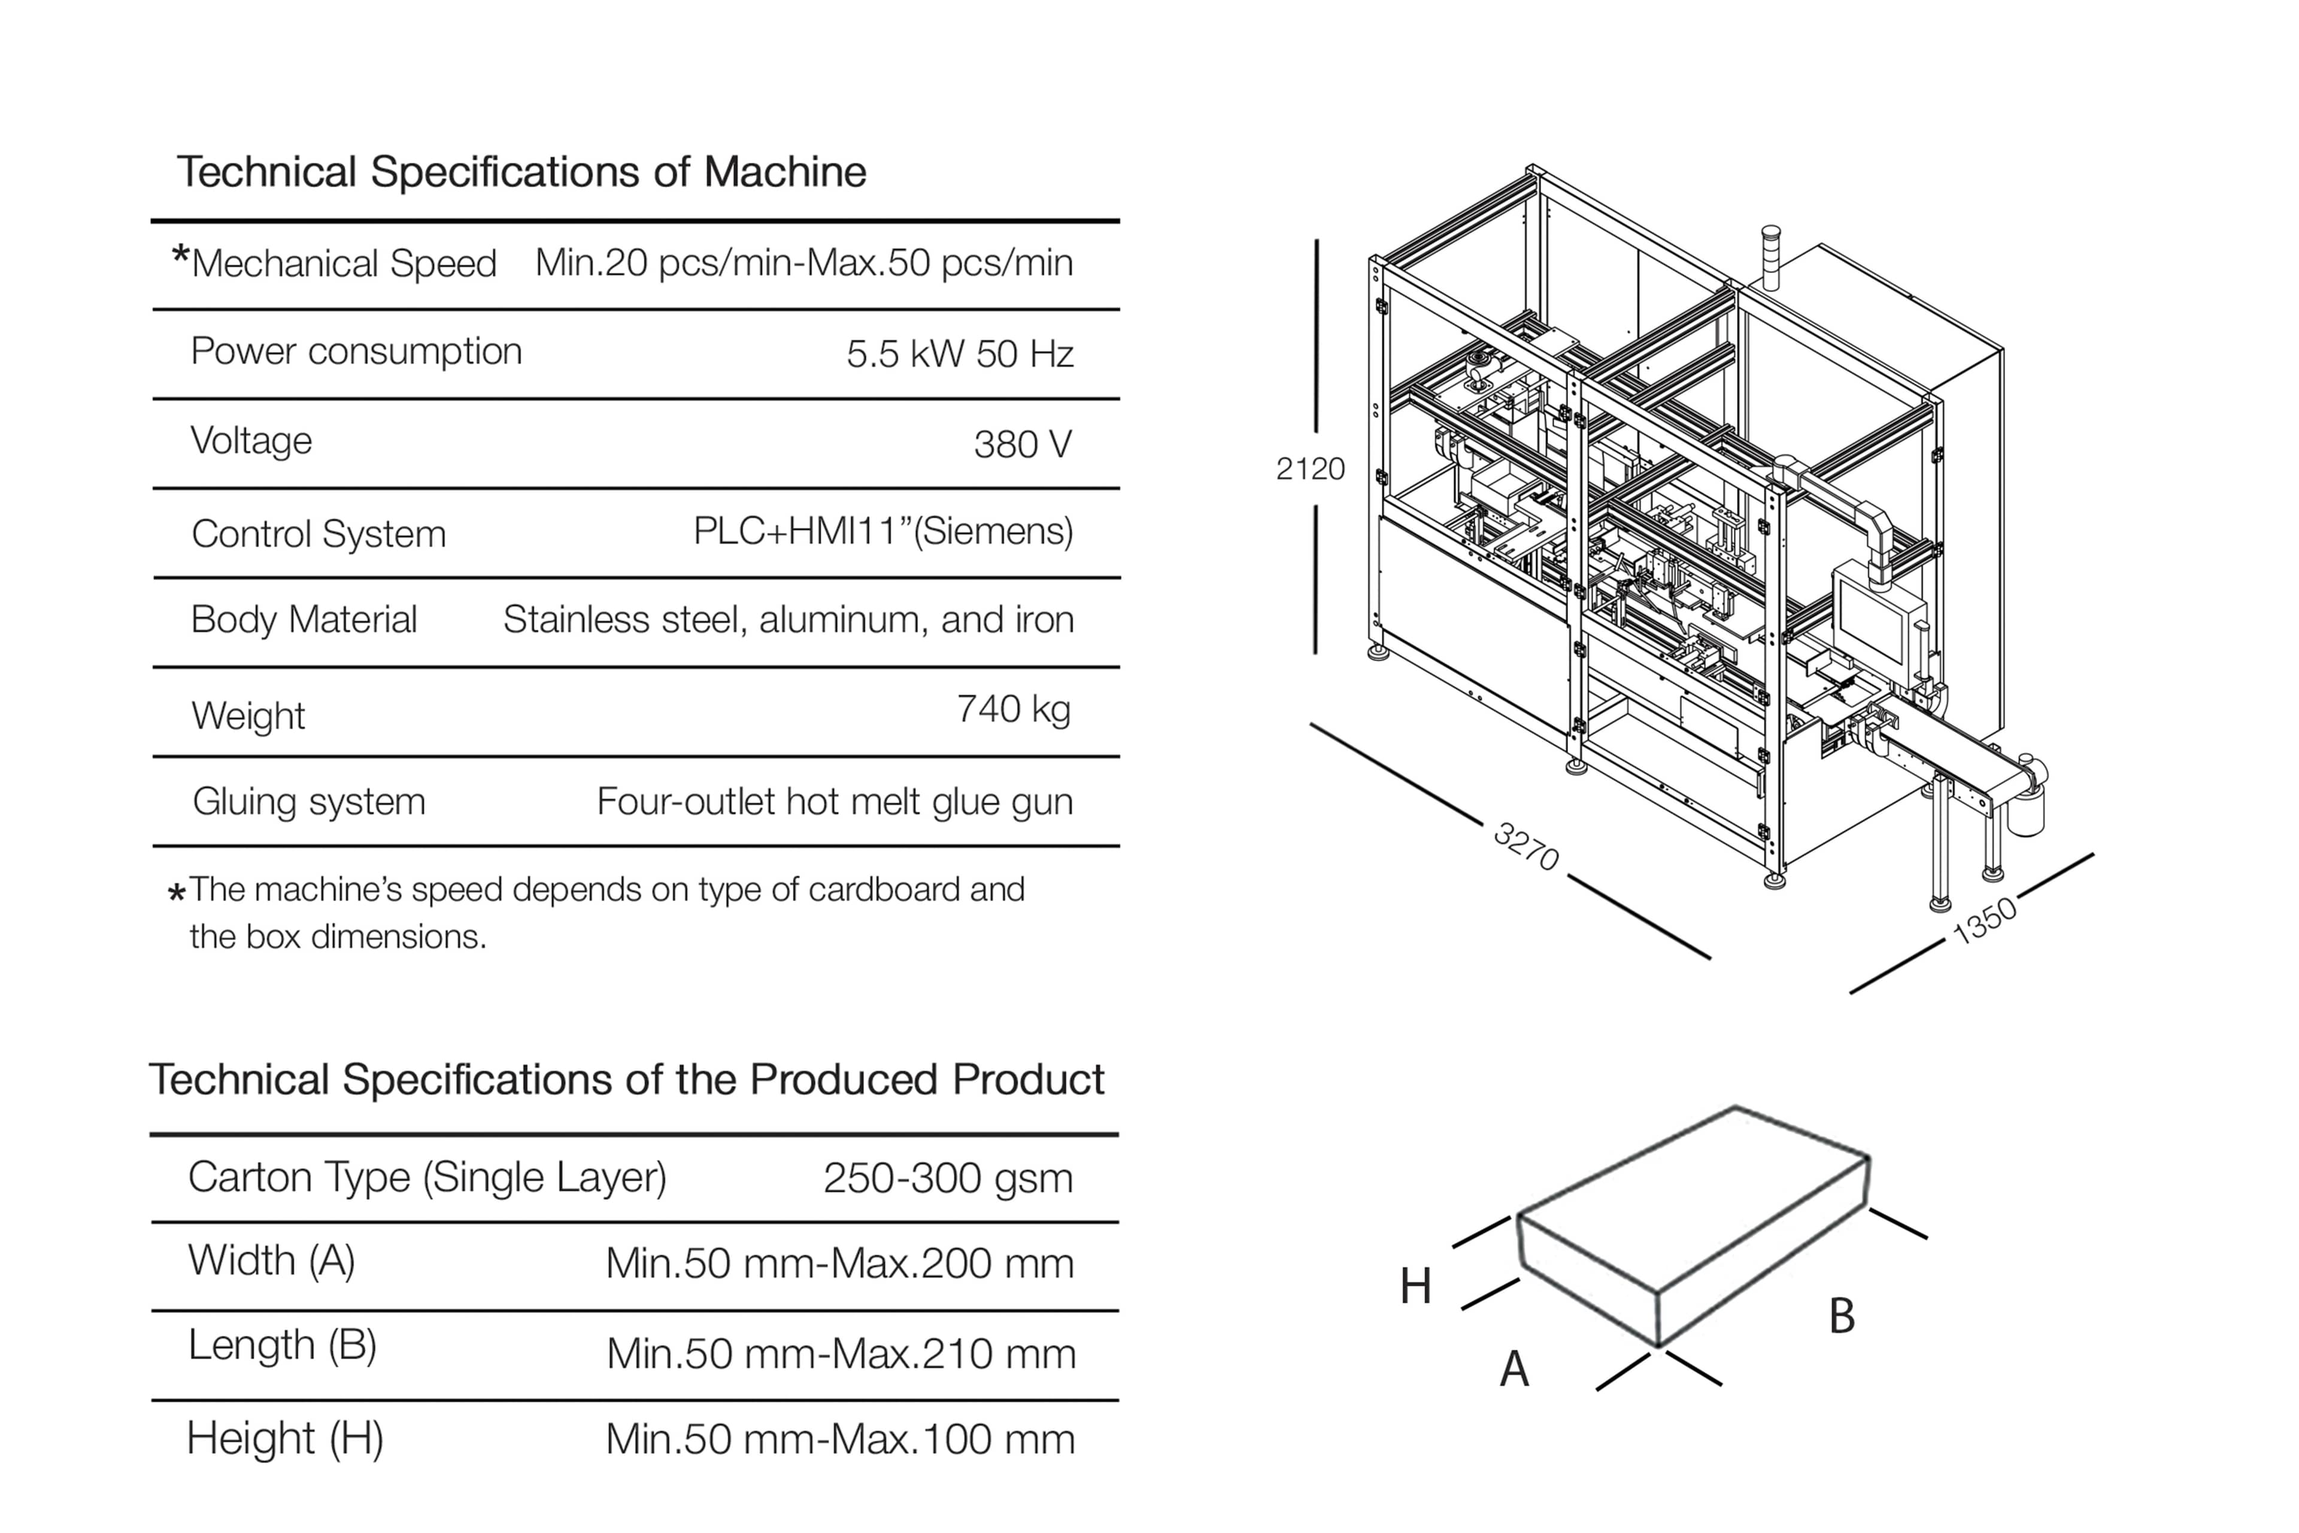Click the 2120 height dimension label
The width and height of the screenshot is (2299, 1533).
[x=1310, y=469]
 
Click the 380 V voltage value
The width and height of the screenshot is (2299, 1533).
[x=1023, y=445]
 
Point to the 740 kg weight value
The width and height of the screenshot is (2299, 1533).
[x=1014, y=709]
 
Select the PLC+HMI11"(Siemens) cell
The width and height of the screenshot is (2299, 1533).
[x=882, y=531]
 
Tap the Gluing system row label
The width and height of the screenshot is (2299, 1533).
[x=309, y=802]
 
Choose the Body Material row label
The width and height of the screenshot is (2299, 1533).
[x=304, y=620]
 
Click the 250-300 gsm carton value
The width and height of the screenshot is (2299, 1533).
[x=947, y=1178]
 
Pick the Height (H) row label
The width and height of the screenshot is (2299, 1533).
[x=284, y=1438]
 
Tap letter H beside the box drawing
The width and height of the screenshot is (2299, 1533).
[x=1415, y=1287]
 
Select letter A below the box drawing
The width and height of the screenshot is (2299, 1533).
[x=1514, y=1369]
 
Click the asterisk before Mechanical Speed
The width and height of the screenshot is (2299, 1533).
[x=180, y=257]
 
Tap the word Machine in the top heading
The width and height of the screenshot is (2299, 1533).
[x=785, y=172]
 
